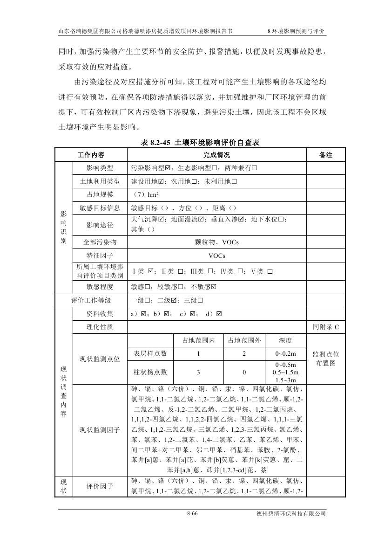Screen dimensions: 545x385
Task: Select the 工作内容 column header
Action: tap(91, 155)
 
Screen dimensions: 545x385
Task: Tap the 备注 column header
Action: tap(325, 155)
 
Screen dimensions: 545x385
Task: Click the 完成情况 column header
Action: tap(216, 155)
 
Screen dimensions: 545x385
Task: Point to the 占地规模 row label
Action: tap(100, 194)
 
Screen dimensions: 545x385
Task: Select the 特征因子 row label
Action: tap(100, 255)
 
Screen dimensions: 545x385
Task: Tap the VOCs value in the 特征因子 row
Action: tap(216, 255)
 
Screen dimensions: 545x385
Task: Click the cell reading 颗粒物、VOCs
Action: tap(216, 242)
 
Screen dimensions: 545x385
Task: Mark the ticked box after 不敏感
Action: tap(214, 287)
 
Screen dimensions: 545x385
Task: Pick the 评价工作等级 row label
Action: tap(91, 300)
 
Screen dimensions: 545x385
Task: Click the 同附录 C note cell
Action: tap(325, 327)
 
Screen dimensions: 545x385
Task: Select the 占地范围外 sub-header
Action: tap(244, 340)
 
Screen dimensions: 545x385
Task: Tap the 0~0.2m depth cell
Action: tap(285, 354)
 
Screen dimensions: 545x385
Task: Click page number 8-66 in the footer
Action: tap(192, 514)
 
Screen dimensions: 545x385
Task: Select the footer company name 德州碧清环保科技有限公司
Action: tap(291, 514)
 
